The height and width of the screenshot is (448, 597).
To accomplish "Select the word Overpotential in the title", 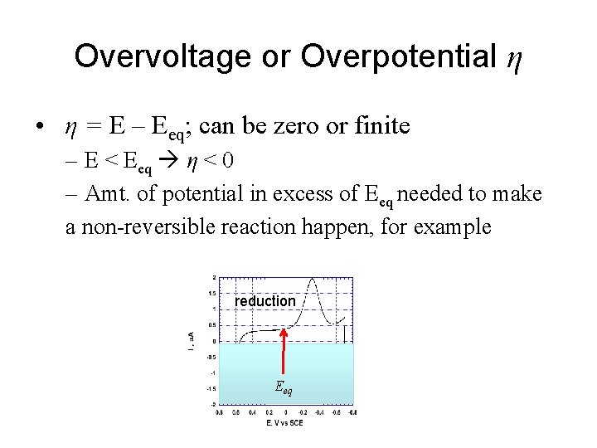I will [399, 56].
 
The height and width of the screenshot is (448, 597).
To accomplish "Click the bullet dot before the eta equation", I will [39, 127].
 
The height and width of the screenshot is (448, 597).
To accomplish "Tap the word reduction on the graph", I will [265, 301].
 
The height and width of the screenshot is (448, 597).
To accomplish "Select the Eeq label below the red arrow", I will [284, 387].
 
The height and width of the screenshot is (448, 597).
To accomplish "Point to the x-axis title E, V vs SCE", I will [284, 423].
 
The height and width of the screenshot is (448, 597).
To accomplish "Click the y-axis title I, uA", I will [192, 339].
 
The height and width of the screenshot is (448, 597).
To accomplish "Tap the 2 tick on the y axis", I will [215, 277].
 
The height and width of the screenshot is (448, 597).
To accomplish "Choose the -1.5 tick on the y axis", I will [212, 388].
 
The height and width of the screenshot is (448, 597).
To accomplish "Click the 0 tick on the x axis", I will [285, 411].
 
